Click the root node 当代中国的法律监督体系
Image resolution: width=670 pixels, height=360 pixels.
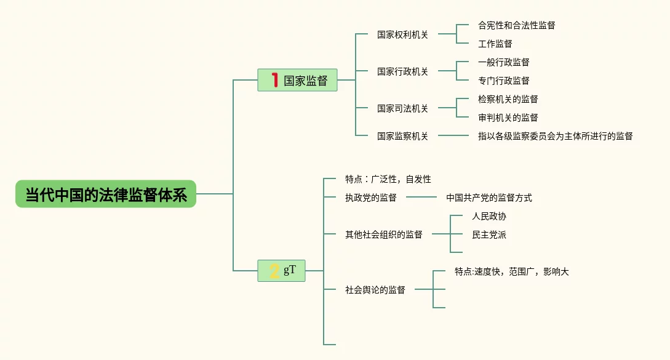(106, 194)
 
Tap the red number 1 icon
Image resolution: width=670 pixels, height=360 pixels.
(274, 80)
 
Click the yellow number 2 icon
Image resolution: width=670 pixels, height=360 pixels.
(274, 271)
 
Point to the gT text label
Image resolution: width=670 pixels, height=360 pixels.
(290, 270)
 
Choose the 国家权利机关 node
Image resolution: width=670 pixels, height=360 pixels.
(402, 34)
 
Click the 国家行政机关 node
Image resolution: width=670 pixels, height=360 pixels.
(402, 71)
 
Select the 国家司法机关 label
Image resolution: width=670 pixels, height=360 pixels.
(402, 108)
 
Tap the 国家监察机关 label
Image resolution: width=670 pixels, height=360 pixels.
(402, 136)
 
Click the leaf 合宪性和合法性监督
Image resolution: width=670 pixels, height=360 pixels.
(516, 25)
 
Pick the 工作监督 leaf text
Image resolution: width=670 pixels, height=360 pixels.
(495, 44)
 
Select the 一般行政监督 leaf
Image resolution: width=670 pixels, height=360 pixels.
(503, 62)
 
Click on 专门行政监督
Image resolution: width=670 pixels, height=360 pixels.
(503, 81)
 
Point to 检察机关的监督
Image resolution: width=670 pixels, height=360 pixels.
(508, 99)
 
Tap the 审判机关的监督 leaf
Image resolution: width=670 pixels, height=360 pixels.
(508, 118)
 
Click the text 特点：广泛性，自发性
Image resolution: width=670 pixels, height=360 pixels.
(388, 179)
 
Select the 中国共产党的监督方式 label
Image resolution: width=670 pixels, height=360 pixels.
(489, 198)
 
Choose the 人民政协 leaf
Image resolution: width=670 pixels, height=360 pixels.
(489, 216)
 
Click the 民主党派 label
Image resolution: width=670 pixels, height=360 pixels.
(489, 234)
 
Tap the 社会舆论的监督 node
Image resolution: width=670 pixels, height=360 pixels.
(375, 290)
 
